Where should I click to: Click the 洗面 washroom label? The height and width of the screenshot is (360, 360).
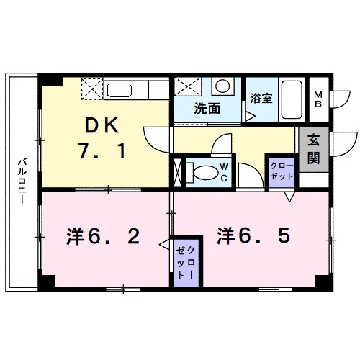[x=207, y=109]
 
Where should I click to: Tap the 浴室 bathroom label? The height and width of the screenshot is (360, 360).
[x=261, y=99]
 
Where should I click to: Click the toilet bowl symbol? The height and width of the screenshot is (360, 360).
[x=205, y=173]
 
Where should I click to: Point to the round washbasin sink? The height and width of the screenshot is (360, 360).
[x=223, y=87]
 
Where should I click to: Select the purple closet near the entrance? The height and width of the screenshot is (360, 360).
[x=281, y=173]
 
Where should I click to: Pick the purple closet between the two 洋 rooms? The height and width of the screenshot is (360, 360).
[x=186, y=263]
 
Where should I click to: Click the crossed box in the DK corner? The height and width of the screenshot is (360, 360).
[x=92, y=89]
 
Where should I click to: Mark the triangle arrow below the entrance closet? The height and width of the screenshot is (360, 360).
[x=289, y=195]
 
